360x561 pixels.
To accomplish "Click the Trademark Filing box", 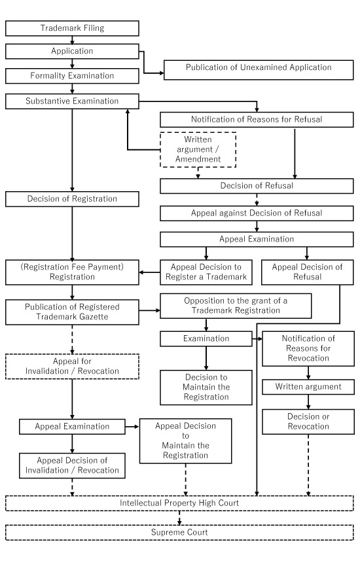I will click(x=72, y=28).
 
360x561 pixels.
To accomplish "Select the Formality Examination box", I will click(x=72, y=75).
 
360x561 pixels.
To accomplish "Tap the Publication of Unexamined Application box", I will click(x=258, y=67).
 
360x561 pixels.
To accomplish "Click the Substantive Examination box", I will click(x=72, y=101).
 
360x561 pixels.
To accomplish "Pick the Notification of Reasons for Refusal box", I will click(x=258, y=120).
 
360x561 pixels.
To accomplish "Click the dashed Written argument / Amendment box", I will click(x=198, y=151).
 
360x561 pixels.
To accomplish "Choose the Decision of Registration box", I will click(x=72, y=198).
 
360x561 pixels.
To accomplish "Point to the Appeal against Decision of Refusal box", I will click(x=258, y=213).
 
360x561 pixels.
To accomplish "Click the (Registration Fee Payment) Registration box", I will click(x=72, y=272).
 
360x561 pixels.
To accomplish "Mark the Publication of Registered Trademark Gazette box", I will click(x=72, y=312).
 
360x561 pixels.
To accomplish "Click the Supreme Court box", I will click(x=179, y=532).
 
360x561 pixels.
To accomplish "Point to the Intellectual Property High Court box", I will click(x=179, y=503).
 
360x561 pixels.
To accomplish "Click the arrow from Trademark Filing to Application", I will click(x=72, y=39).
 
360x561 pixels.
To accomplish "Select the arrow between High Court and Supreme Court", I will click(x=179, y=518).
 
